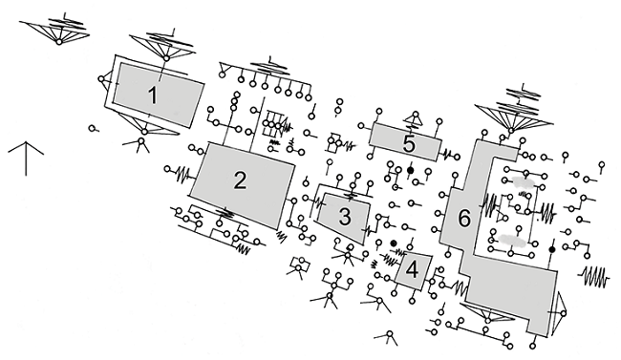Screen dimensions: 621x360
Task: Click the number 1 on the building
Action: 153,95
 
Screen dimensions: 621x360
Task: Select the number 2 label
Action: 240,181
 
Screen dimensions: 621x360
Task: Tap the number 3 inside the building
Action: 345,217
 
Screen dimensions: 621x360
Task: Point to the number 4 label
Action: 413,270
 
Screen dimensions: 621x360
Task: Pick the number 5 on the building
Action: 409,144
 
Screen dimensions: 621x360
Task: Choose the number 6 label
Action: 464,219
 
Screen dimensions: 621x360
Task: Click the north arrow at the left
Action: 26,158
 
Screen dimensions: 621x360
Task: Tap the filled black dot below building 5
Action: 410,170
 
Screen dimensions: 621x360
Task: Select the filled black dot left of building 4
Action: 394,244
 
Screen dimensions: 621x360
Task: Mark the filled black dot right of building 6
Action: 551,249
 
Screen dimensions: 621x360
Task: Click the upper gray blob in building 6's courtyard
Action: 523,181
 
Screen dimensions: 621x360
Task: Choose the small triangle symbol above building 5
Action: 415,118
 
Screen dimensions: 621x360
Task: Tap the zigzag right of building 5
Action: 448,155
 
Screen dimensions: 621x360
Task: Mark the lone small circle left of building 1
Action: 92,128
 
